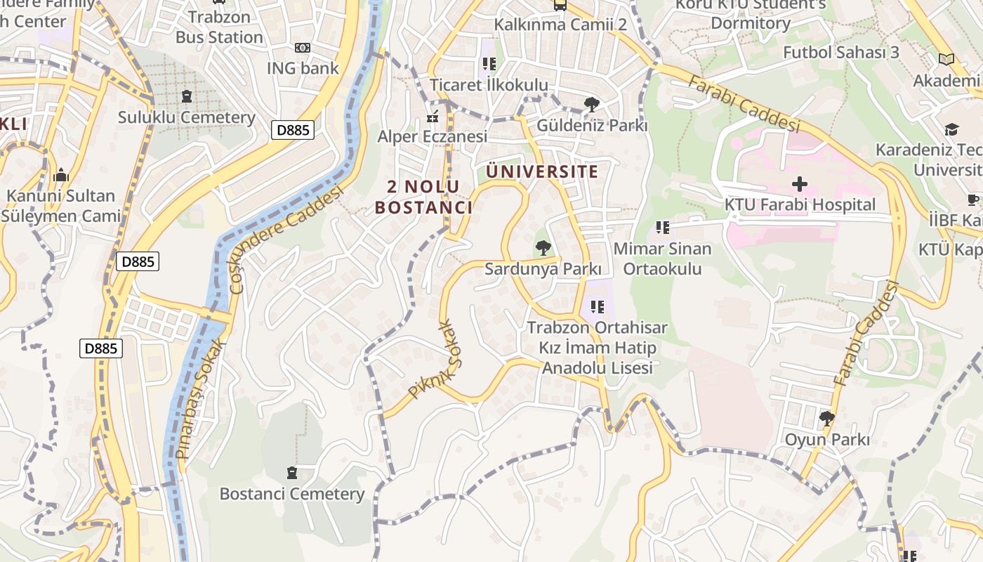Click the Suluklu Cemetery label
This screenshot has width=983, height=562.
186,117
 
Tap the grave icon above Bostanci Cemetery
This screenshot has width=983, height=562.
292,473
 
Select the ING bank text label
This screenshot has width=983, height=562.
303,68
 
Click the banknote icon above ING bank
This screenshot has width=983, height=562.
303,48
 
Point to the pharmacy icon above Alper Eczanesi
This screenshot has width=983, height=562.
433,116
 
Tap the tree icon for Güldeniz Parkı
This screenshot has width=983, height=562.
592,105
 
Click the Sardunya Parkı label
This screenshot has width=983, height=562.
543,269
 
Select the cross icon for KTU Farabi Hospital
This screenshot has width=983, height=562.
800,185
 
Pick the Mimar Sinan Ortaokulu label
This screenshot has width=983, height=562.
662,258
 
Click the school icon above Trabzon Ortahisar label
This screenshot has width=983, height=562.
598,306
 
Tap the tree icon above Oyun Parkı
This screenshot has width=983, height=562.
827,419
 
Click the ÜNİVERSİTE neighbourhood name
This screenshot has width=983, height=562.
542,171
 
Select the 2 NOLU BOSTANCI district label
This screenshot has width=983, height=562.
423,197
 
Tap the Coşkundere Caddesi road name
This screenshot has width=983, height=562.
286,239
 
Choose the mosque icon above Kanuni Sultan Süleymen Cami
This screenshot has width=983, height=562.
61,175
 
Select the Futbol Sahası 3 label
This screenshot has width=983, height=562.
841,52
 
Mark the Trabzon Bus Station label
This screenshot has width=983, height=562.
219,27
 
